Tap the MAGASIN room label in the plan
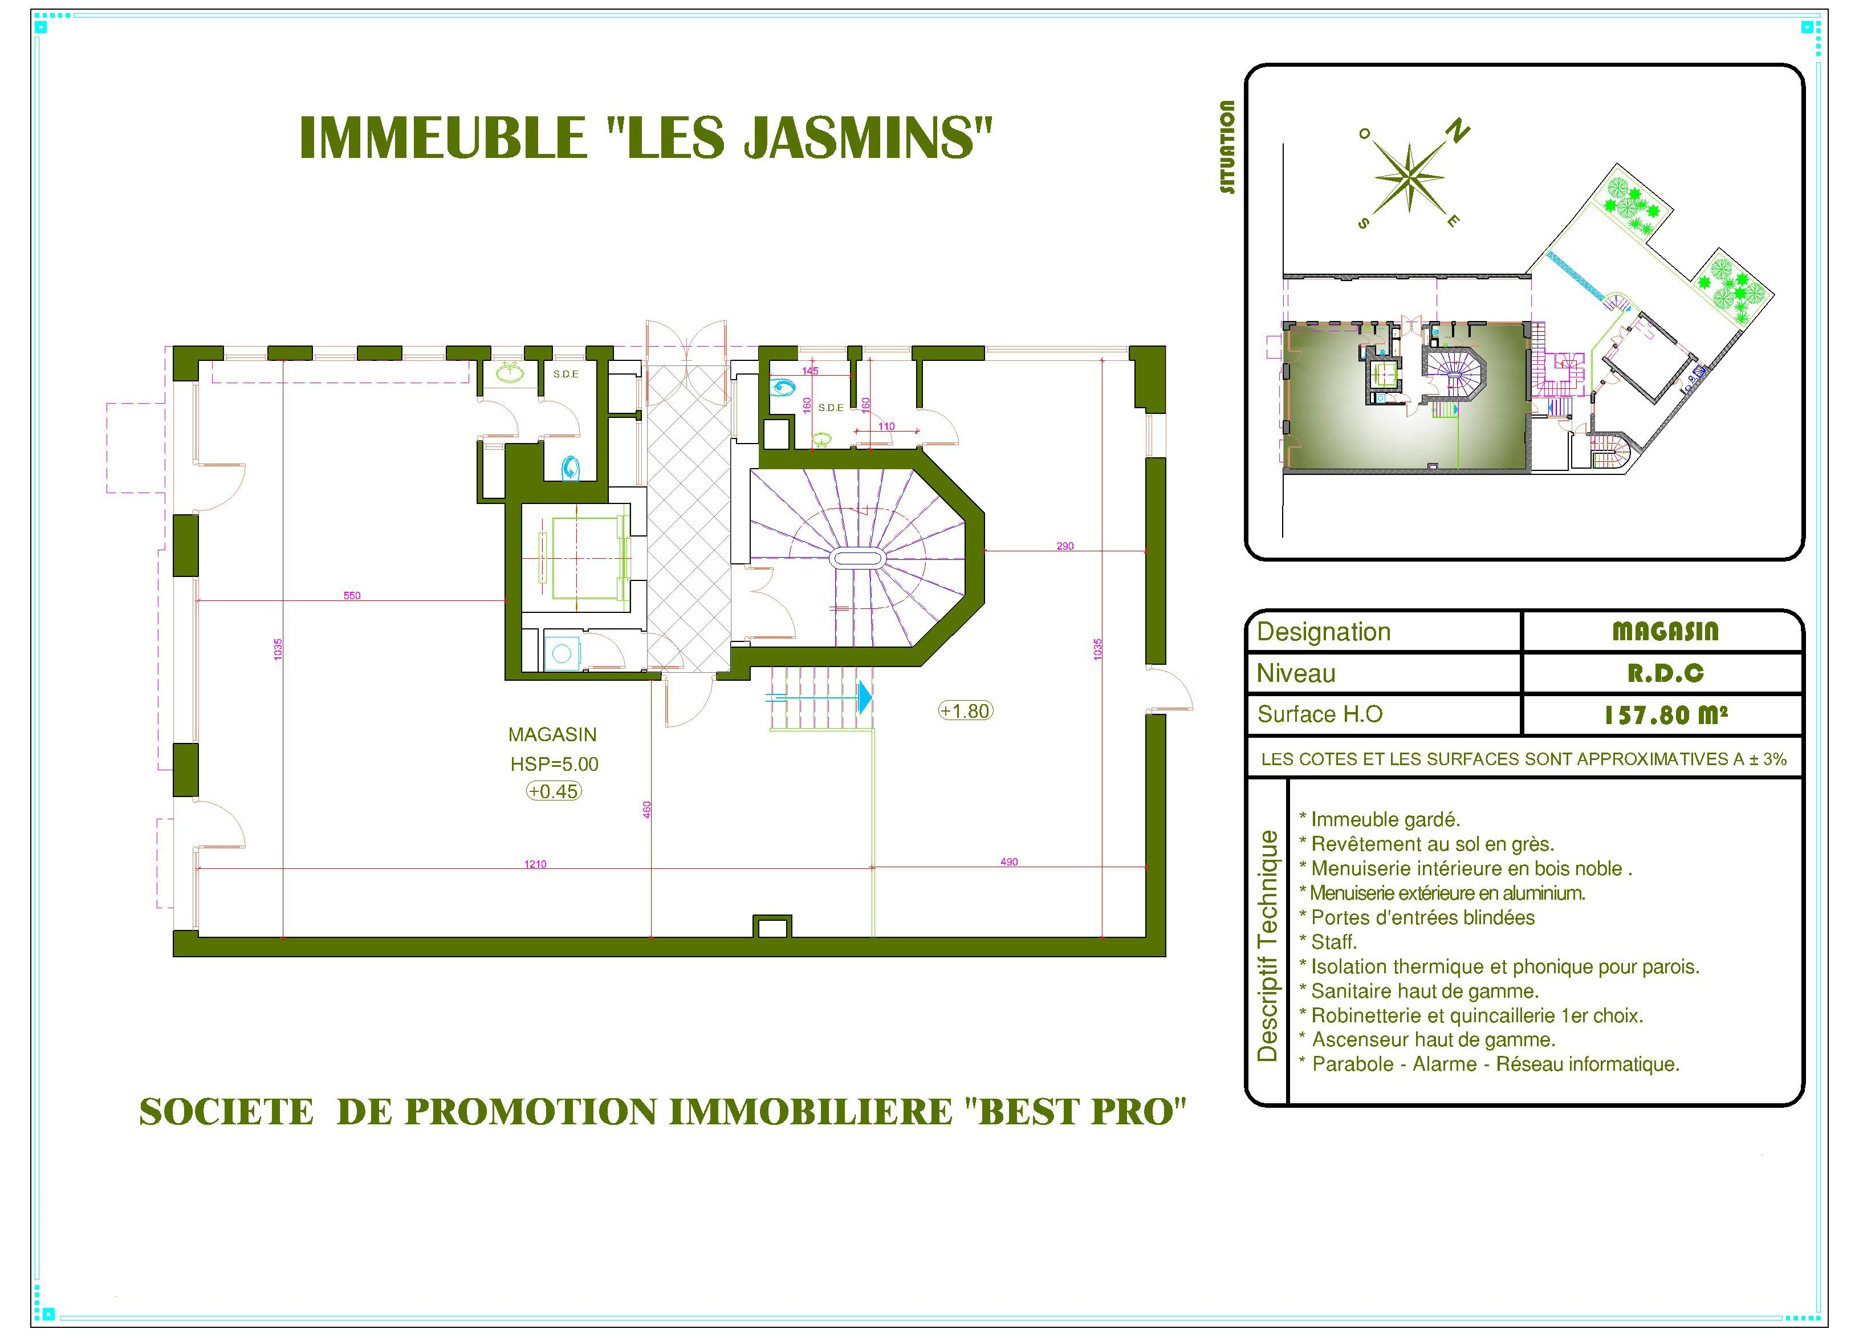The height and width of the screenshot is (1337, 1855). coord(553,735)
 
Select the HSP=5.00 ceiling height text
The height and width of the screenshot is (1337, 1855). coord(555,764)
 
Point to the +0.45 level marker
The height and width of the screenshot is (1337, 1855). coord(554,791)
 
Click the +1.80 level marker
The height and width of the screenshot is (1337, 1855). coord(965,711)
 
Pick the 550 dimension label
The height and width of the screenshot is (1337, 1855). coord(352,596)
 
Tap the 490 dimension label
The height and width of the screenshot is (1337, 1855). coord(1009,861)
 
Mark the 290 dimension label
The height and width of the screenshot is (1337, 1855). coord(1065,546)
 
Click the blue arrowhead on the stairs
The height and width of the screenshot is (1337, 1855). coord(865,697)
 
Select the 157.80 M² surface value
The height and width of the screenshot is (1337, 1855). coord(1665,715)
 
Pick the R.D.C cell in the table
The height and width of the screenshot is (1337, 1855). coord(1665,673)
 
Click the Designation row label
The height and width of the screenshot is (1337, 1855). coord(1323,632)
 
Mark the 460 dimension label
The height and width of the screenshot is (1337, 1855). coord(647,809)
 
